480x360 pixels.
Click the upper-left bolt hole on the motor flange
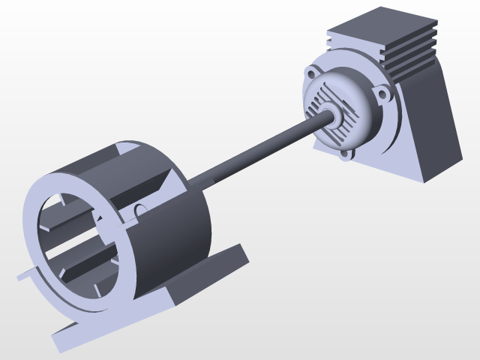click(x=311, y=73)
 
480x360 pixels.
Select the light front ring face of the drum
click(x=37, y=240)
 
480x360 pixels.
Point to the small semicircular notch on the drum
click(x=139, y=208)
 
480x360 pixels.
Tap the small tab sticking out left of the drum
click(x=23, y=275)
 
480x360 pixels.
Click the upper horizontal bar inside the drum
click(x=71, y=221)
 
